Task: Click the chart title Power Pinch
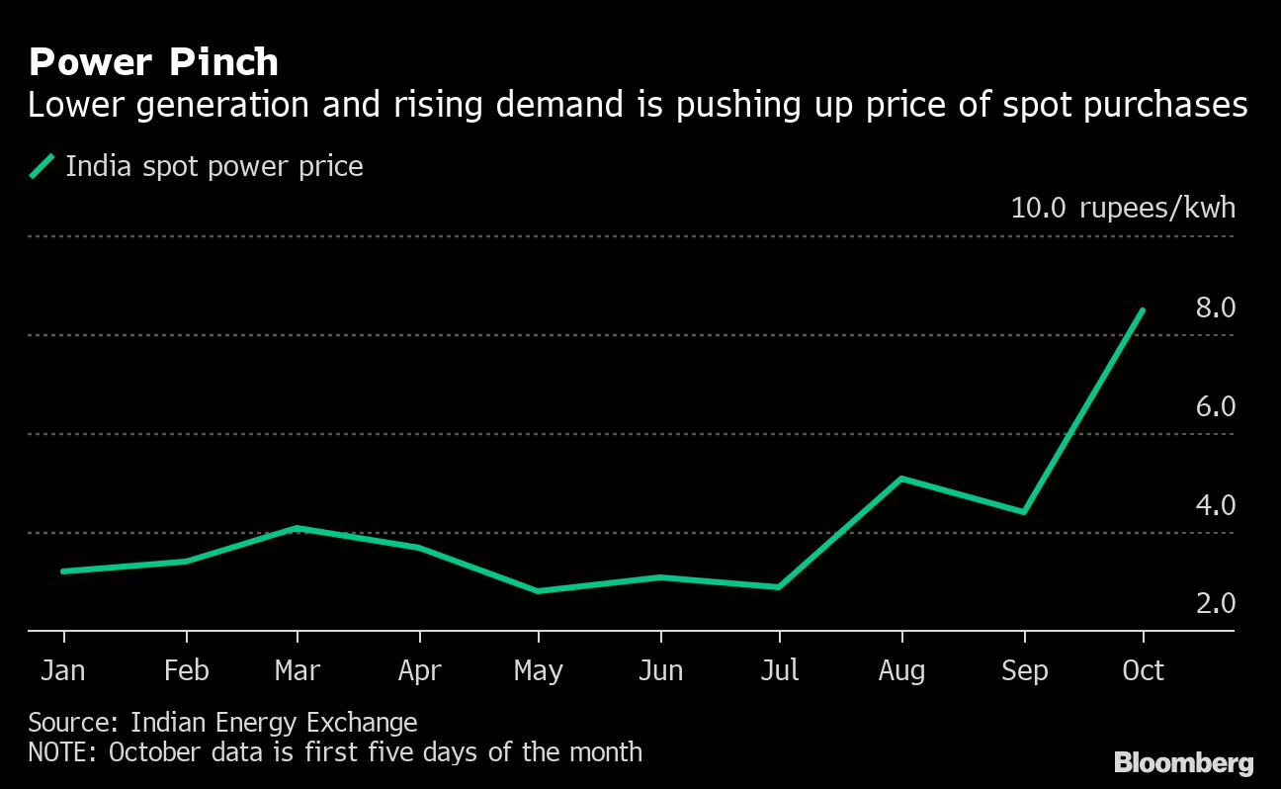(153, 62)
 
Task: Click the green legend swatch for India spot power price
(42, 166)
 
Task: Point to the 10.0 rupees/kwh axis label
(1123, 208)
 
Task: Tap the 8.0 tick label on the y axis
(1215, 307)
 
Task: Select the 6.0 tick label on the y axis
(1215, 406)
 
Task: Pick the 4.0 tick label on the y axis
(1215, 505)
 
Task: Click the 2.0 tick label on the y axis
(1215, 603)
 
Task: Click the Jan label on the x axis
(63, 670)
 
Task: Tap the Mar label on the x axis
(298, 670)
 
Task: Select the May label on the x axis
(538, 671)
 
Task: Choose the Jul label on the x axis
(779, 670)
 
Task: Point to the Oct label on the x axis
(1143, 670)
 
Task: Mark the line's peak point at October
(1143, 310)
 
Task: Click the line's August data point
(901, 479)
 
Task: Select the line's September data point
(1024, 512)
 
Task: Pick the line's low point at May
(538, 591)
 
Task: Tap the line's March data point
(298, 528)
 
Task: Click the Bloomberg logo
(1184, 763)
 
